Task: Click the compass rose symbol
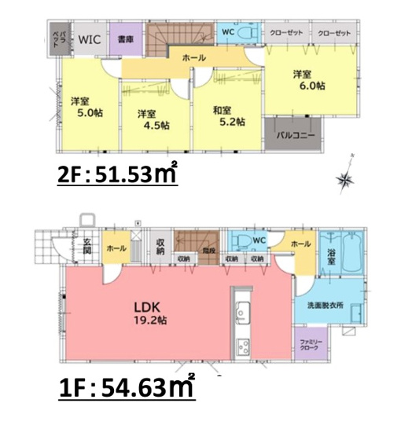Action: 346,180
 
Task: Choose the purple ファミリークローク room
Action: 309,344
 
